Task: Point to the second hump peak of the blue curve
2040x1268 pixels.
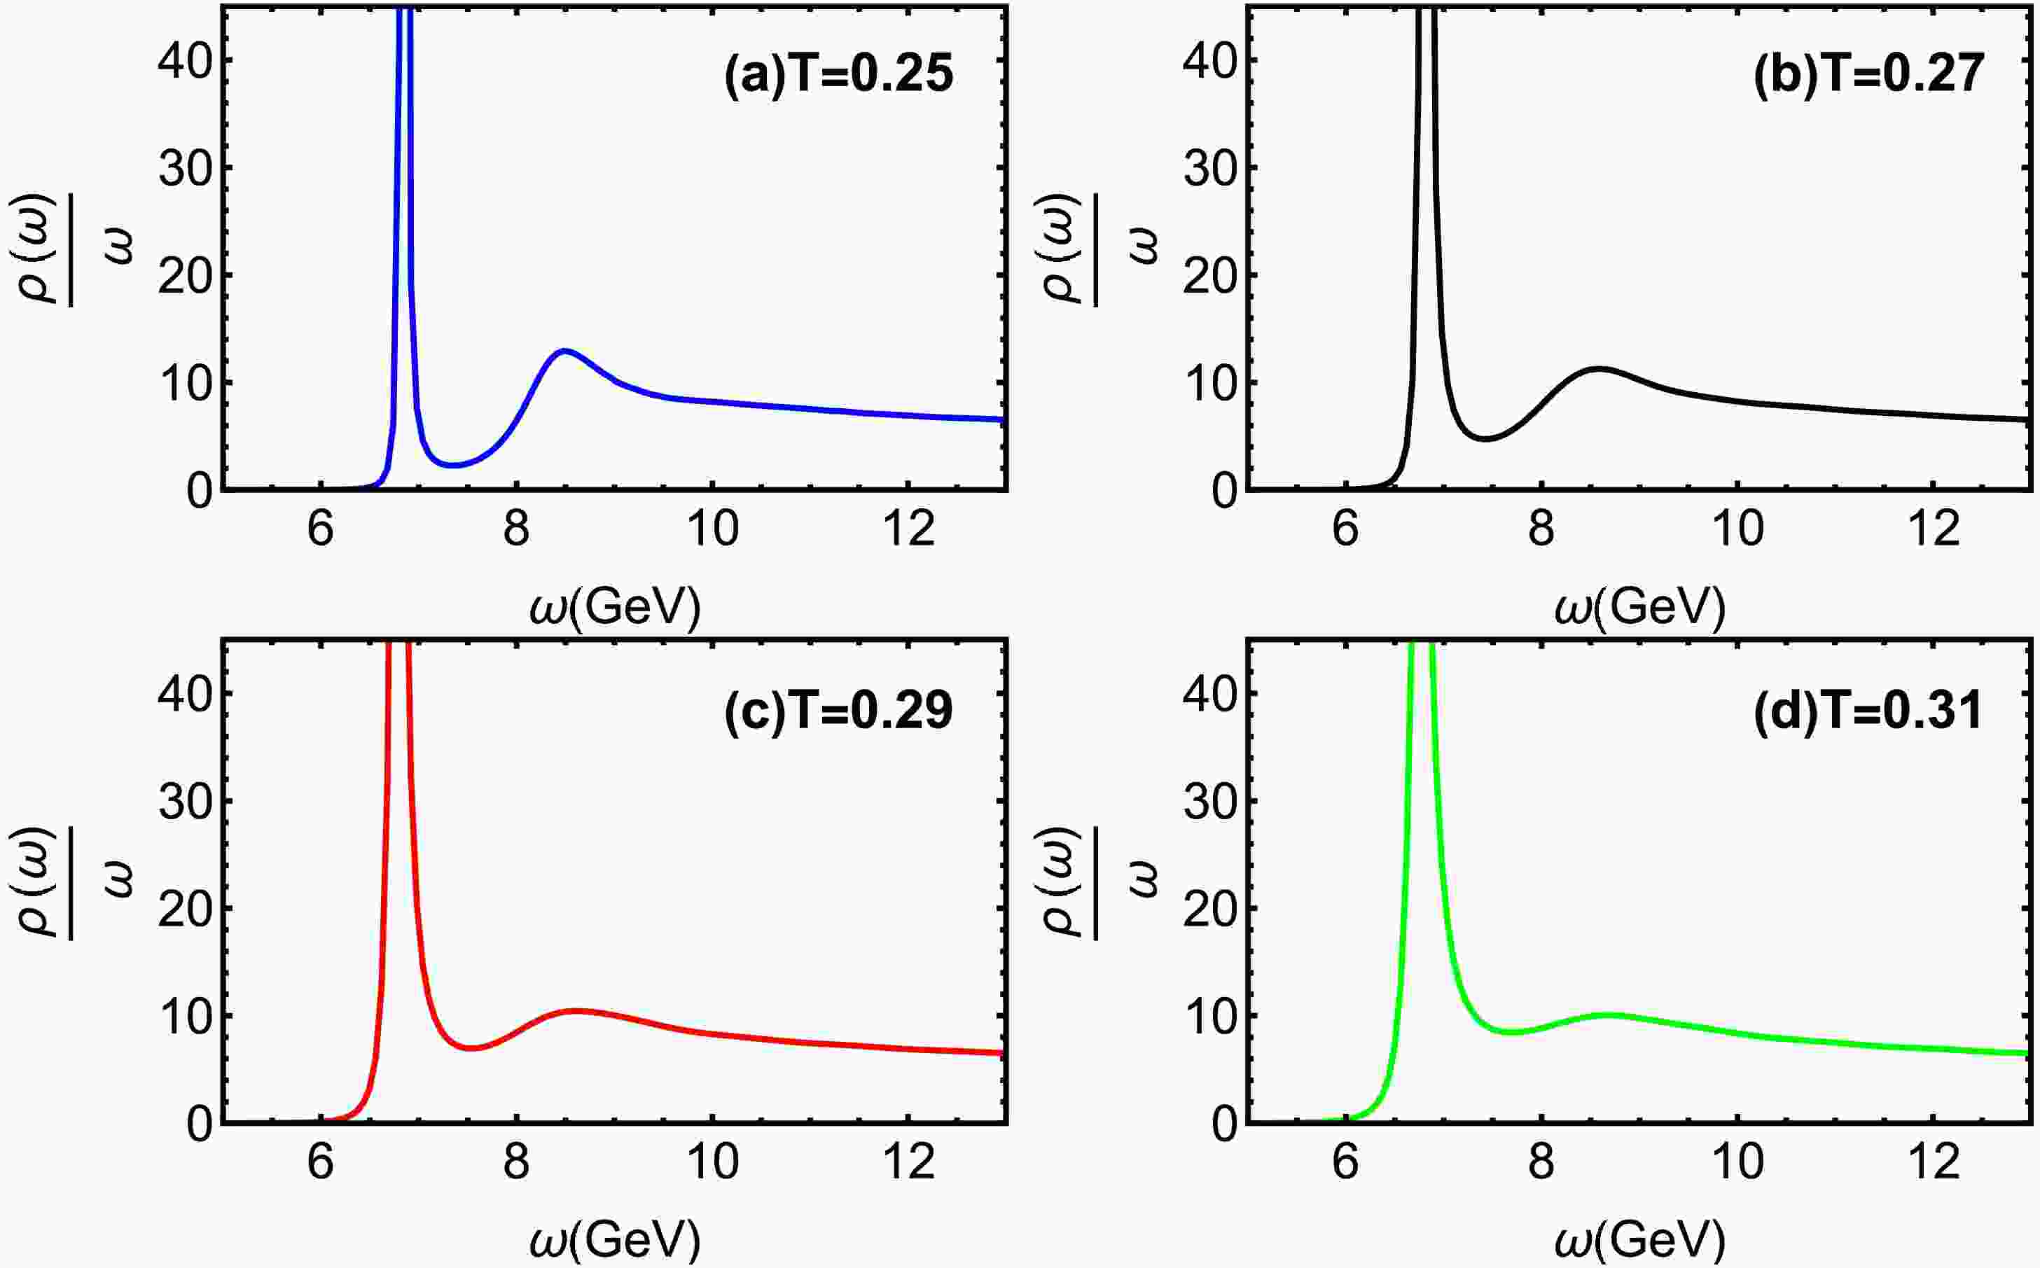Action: (x=564, y=351)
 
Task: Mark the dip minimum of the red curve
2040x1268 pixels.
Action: (x=471, y=1047)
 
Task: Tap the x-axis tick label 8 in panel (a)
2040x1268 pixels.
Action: (x=517, y=529)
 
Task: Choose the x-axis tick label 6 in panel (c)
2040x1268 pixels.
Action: (x=321, y=1162)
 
